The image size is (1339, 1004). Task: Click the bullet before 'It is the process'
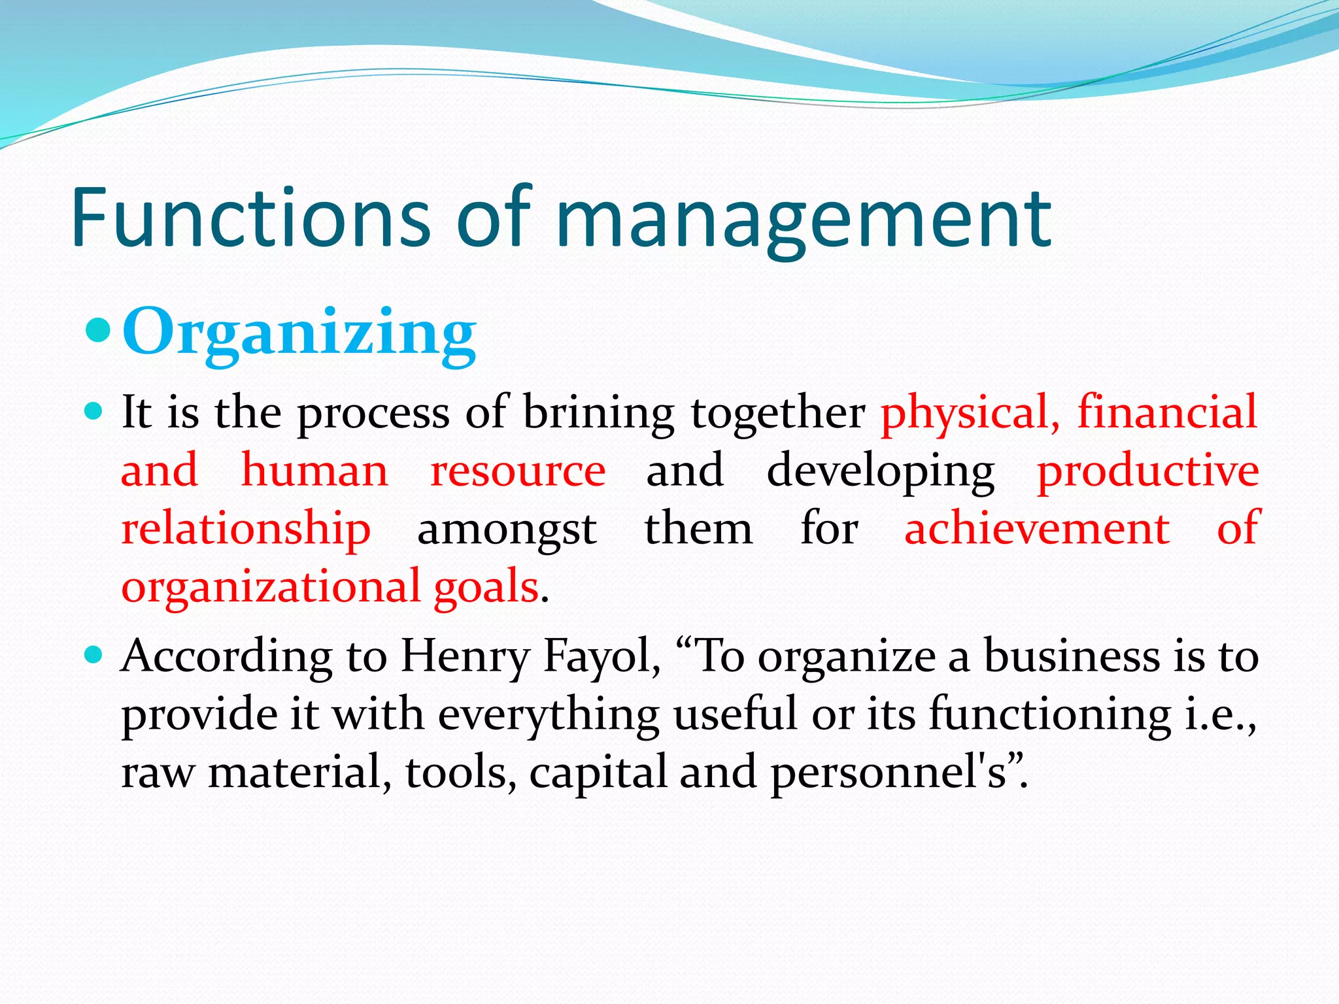(x=95, y=411)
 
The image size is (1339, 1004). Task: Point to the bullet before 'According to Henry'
(x=95, y=654)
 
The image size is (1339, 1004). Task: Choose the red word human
(x=314, y=471)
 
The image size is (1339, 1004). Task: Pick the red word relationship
(x=246, y=529)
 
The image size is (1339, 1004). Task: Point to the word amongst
(x=507, y=529)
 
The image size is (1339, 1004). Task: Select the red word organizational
(x=271, y=587)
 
